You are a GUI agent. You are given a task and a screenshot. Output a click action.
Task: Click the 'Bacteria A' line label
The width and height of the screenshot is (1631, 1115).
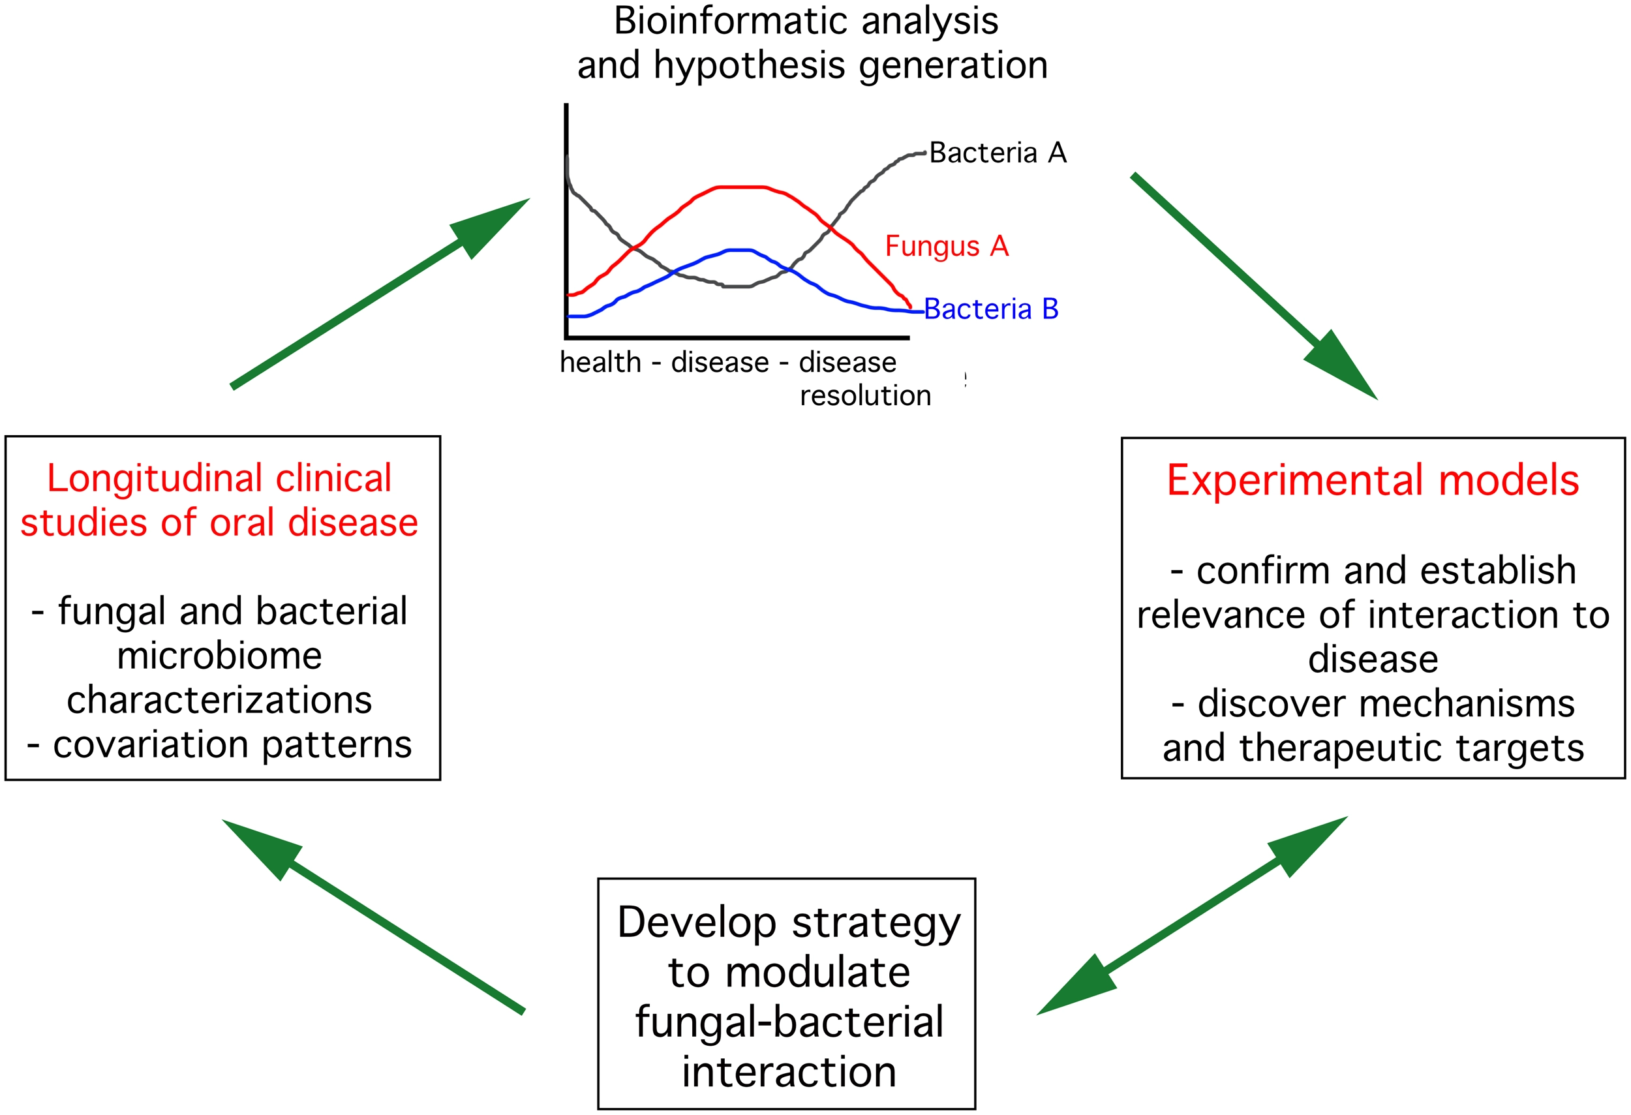[998, 153]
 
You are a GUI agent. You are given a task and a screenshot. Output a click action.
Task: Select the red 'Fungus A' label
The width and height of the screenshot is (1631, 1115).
[946, 247]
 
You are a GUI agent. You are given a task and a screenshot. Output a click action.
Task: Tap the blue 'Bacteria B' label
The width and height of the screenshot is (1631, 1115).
[991, 309]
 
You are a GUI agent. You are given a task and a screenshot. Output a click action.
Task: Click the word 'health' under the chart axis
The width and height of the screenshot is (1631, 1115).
[600, 363]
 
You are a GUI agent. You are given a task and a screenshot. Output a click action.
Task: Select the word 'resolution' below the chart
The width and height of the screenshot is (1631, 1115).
[864, 396]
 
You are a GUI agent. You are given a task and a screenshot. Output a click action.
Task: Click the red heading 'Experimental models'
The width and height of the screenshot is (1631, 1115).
[1372, 481]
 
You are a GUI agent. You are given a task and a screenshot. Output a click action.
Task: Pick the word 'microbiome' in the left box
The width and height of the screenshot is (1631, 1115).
[219, 656]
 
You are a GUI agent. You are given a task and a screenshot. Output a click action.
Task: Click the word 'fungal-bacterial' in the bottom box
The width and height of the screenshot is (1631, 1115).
[789, 1022]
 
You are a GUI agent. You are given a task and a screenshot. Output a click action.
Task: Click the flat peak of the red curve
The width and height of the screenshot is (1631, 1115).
[740, 187]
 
